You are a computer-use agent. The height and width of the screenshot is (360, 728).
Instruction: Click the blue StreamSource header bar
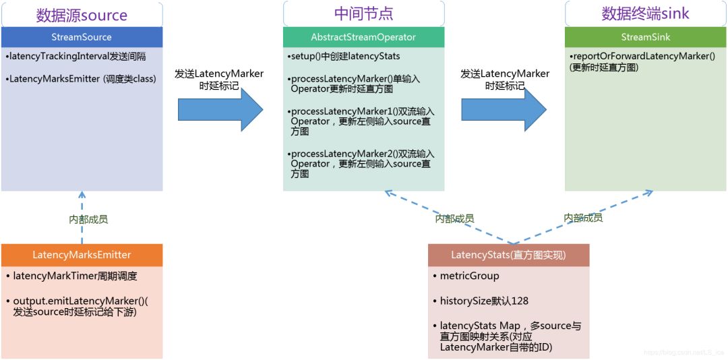coord(82,37)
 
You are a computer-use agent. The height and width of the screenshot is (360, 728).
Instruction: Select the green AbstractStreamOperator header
coord(363,37)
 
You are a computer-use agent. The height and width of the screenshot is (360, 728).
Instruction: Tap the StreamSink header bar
coord(645,37)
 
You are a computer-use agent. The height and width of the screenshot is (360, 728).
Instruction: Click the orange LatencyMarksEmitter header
coord(82,255)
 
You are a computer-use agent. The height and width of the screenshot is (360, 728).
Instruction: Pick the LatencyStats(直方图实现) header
coord(508,255)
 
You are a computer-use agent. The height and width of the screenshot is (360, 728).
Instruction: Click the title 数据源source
coord(82,15)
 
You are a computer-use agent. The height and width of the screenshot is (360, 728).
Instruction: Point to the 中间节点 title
coord(363,13)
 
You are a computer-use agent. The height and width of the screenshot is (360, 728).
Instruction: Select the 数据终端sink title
coord(645,14)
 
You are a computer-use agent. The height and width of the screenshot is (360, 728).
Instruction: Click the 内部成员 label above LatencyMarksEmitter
coord(88,219)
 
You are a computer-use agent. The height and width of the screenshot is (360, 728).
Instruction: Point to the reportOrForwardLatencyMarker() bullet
coord(644,56)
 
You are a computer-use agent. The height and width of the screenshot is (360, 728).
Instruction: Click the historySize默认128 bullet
coord(479,301)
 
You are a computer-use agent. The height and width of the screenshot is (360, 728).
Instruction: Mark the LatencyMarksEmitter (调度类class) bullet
coord(82,79)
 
